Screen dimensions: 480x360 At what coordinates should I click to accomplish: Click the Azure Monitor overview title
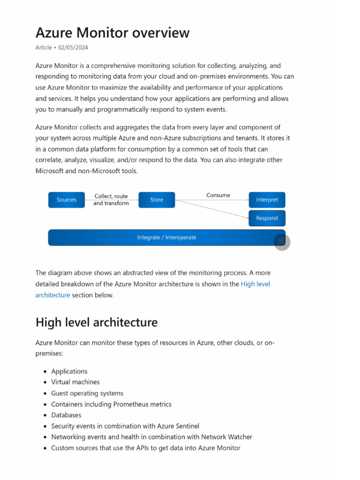coord(112,33)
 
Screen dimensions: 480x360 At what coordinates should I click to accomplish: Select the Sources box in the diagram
coord(67,200)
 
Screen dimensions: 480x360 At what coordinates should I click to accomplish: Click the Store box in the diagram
coord(157,200)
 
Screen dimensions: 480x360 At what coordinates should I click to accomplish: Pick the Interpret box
coord(267,200)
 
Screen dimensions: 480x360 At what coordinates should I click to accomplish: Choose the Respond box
coord(267,218)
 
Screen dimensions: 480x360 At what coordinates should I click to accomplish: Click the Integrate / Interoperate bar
coord(166,238)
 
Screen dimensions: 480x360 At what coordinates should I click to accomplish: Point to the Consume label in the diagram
coord(218,195)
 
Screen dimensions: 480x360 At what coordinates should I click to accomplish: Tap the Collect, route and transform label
coord(111,200)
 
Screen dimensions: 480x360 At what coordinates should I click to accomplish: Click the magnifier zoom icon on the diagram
coord(282,241)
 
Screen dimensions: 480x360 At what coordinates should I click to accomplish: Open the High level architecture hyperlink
coord(255,284)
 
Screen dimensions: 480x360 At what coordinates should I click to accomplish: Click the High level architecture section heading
coord(97,322)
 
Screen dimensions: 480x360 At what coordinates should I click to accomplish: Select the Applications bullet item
coord(69,371)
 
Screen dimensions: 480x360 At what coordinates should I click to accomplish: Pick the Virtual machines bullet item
coord(75,382)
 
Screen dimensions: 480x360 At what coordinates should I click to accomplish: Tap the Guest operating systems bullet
coord(87,393)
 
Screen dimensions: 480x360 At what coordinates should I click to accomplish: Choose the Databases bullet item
coord(66,415)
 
